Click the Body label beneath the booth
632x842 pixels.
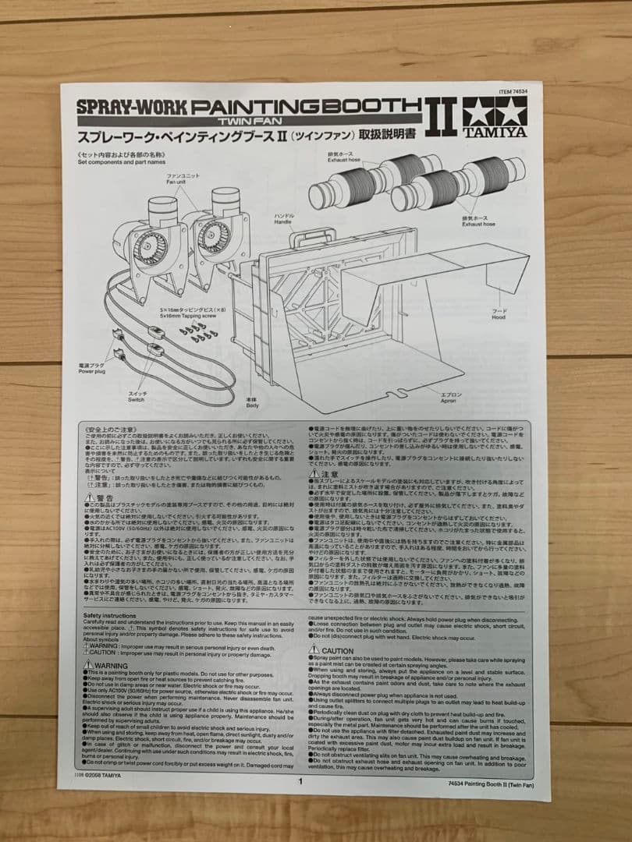click(252, 402)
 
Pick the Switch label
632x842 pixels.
click(138, 398)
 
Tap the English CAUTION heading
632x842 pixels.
click(336, 650)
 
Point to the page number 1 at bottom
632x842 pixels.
click(299, 781)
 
